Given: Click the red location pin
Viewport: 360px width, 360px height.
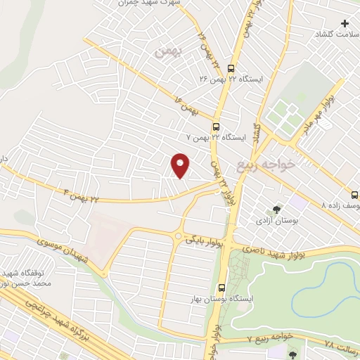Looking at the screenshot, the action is tap(181, 165).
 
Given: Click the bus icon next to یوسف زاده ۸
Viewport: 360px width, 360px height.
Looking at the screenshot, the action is tap(354, 195).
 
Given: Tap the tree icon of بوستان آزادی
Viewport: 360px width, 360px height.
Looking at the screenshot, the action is tap(276, 209).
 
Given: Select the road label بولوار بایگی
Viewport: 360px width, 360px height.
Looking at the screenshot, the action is tap(205, 241).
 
